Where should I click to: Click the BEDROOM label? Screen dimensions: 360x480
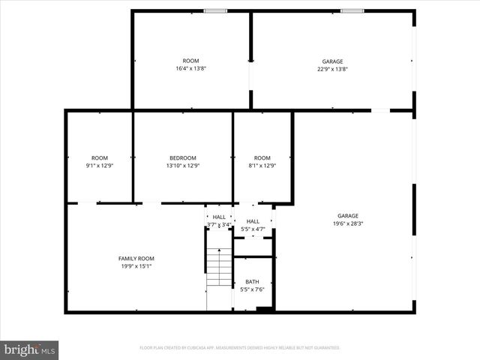[183, 157]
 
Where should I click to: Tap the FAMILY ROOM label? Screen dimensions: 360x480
[136, 258]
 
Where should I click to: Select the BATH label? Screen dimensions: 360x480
[252, 282]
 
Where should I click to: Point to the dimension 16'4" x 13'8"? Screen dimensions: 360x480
[190, 68]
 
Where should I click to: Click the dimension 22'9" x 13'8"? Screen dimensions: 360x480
[332, 68]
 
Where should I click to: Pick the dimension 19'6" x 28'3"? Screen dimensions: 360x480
[347, 223]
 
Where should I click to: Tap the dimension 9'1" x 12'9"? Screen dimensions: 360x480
[100, 165]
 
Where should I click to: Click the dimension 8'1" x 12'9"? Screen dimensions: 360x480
[262, 165]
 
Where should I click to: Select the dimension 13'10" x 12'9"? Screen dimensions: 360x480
[183, 165]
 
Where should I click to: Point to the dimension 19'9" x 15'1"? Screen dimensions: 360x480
[136, 265]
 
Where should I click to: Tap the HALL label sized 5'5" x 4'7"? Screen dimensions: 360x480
[253, 221]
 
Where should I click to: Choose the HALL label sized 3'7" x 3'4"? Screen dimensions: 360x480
[219, 217]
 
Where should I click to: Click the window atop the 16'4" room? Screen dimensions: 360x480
[216, 10]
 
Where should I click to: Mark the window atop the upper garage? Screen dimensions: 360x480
[352, 10]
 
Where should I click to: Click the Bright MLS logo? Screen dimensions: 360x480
[30, 349]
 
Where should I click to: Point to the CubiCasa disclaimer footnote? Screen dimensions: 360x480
[240, 348]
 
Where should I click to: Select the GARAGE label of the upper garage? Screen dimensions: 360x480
[332, 61]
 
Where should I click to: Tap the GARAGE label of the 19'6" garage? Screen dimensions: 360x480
[347, 215]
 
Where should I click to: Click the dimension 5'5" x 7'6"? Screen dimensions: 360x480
[252, 289]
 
